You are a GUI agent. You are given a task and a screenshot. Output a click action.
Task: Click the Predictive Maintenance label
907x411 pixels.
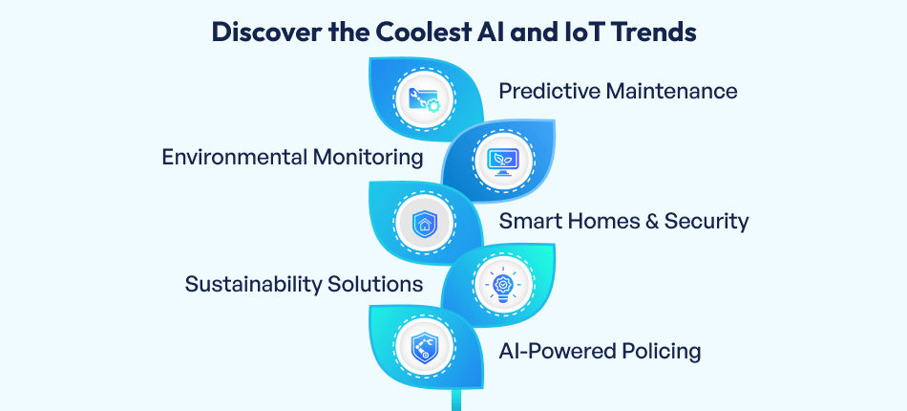pyautogui.click(x=618, y=91)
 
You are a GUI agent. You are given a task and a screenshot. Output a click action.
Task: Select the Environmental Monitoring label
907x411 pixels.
pyautogui.click(x=292, y=157)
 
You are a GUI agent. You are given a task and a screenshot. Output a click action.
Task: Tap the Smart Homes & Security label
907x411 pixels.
pyautogui.click(x=623, y=222)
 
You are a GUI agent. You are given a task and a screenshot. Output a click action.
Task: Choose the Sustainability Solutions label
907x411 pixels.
pyautogui.click(x=304, y=284)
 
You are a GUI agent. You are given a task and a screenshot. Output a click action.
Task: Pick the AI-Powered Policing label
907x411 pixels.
pyautogui.click(x=600, y=351)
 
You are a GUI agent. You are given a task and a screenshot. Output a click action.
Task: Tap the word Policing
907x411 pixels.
pyautogui.click(x=658, y=351)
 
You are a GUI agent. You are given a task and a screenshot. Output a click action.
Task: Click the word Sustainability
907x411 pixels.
pyautogui.click(x=253, y=284)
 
